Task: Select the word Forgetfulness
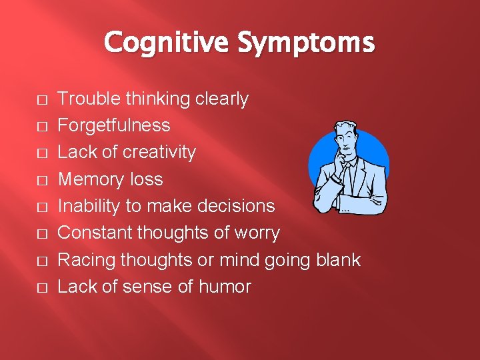click(x=114, y=125)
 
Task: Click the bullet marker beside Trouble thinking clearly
click(x=42, y=100)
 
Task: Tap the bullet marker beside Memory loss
click(x=42, y=181)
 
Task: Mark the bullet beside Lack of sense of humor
click(x=42, y=288)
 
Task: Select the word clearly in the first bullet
click(x=222, y=99)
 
